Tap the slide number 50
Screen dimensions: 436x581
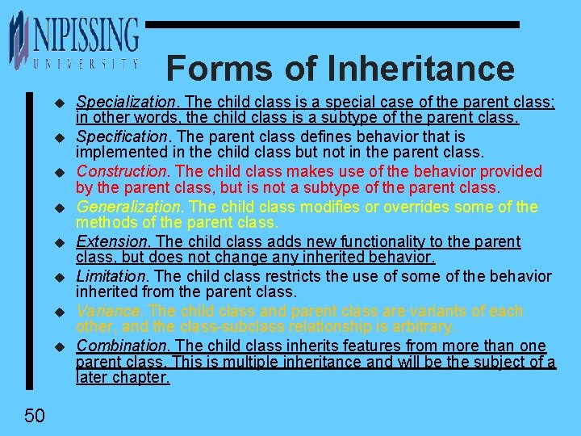tap(34, 416)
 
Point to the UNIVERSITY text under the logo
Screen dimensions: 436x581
tap(86, 62)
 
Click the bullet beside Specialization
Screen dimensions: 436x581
tap(58, 103)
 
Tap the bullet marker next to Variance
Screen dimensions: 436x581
tap(58, 312)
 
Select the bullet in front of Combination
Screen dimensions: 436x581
tap(58, 346)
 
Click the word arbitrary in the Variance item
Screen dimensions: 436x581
tap(424, 327)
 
